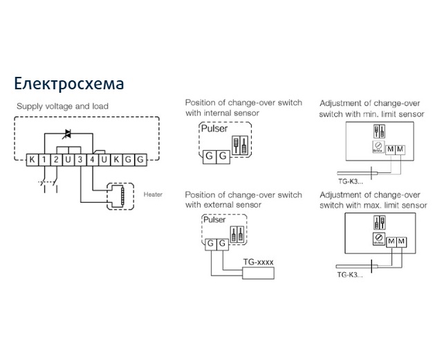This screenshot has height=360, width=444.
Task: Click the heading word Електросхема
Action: point(69,84)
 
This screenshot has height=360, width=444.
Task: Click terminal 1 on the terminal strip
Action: point(44,161)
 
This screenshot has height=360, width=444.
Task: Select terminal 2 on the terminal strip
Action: point(56,161)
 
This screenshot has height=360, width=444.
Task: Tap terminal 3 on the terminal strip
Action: point(80,161)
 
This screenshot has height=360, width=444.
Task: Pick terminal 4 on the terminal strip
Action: point(92,161)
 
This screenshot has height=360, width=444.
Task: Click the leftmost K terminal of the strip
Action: point(32,161)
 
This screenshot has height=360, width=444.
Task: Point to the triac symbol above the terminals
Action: point(68,133)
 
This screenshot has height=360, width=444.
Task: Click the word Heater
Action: point(154,195)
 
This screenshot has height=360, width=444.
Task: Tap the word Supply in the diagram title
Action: point(31,107)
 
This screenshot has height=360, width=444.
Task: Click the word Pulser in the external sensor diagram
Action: point(215,219)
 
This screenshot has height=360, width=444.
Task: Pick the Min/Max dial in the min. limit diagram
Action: point(378,147)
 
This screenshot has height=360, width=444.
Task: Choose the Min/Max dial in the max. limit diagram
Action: point(378,240)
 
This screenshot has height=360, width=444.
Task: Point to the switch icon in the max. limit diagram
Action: point(378,222)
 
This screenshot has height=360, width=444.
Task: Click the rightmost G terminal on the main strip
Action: point(140,161)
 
